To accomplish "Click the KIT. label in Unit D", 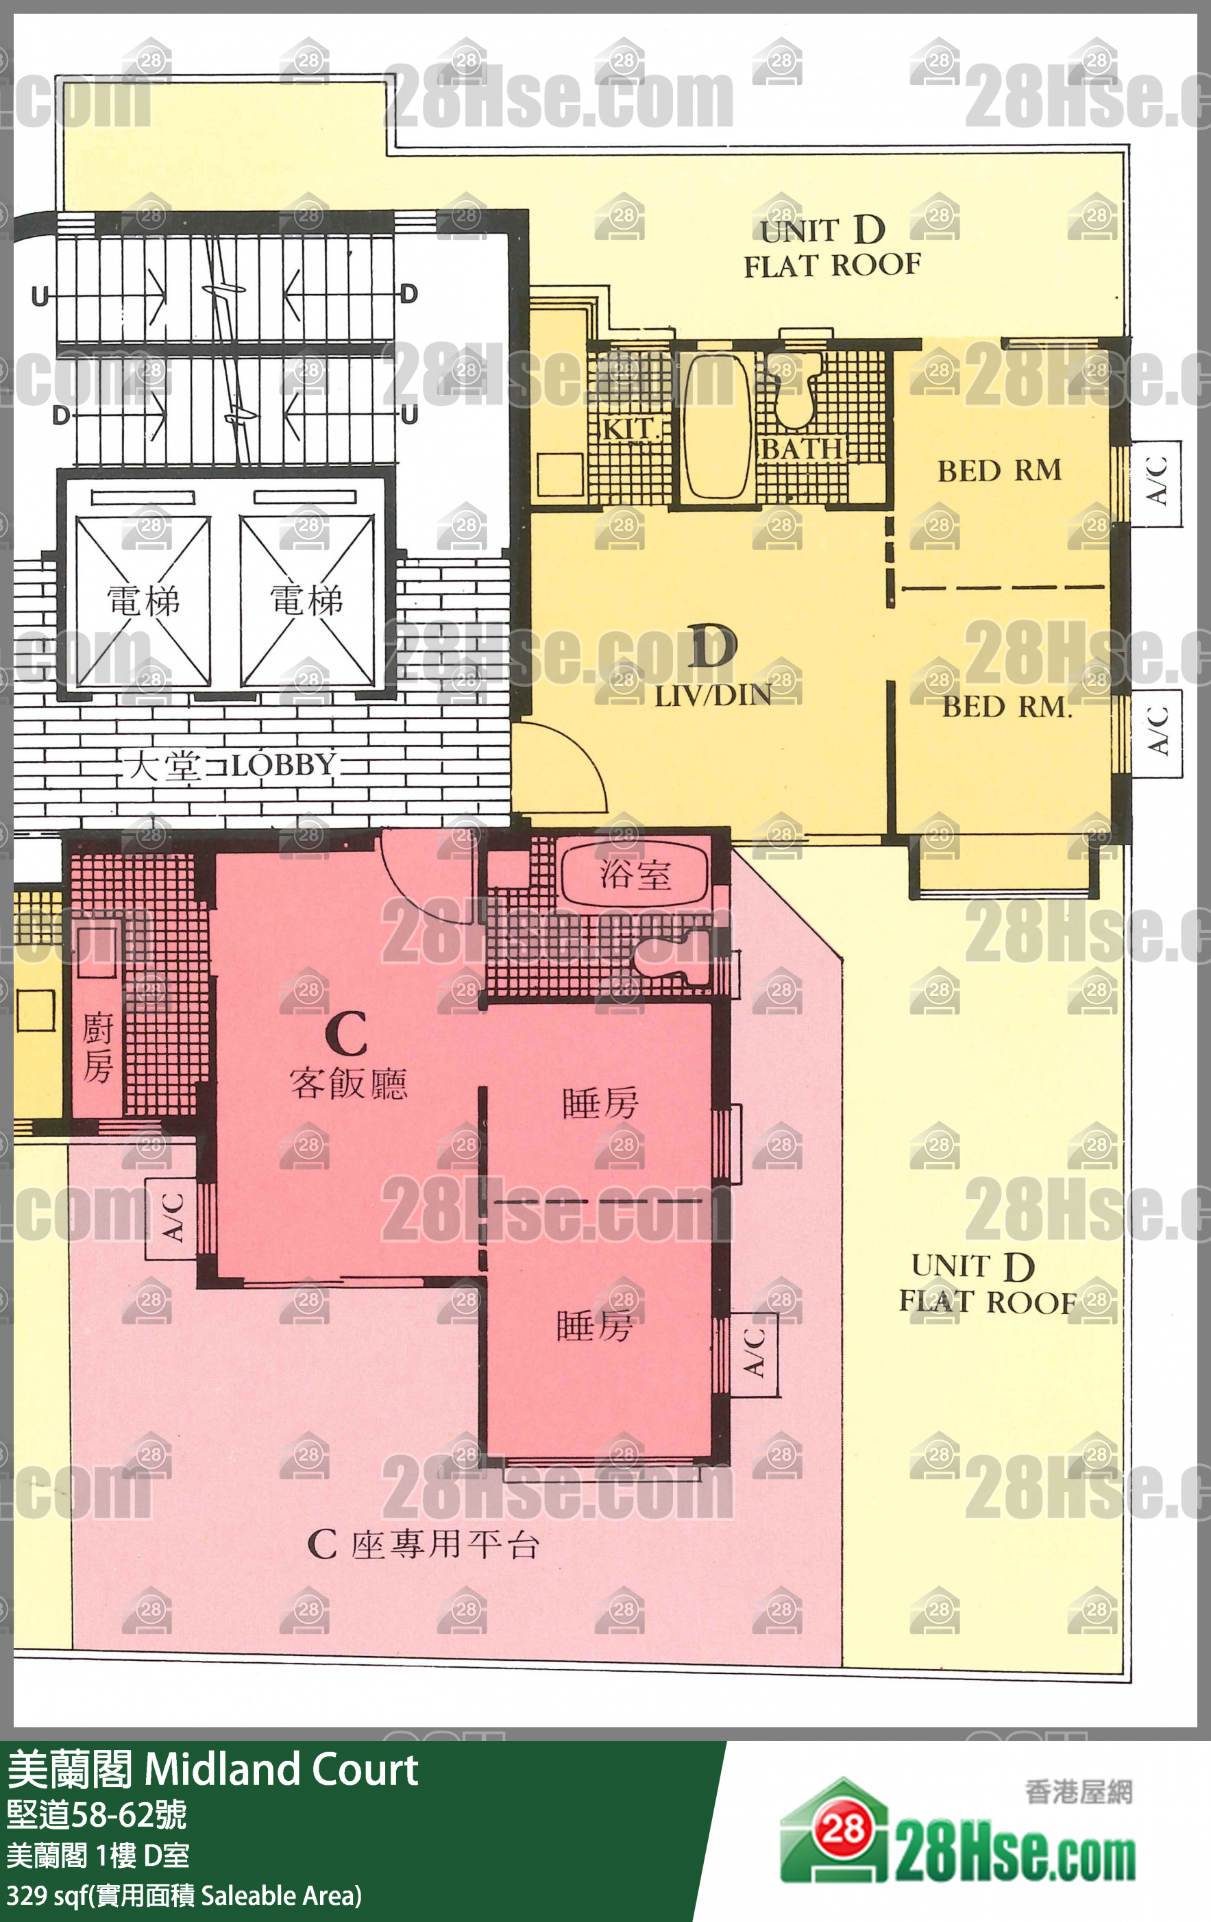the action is (x=628, y=428).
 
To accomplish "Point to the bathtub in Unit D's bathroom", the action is (x=718, y=426).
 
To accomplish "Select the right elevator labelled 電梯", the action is (x=306, y=601).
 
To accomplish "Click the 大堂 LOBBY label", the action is (x=231, y=766).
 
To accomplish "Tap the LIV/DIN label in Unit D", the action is (x=713, y=696).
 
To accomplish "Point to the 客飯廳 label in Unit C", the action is (x=349, y=1084).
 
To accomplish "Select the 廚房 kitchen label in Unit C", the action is (x=97, y=1048).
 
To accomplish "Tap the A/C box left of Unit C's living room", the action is (x=171, y=1218).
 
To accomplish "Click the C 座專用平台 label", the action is (x=423, y=1545).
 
